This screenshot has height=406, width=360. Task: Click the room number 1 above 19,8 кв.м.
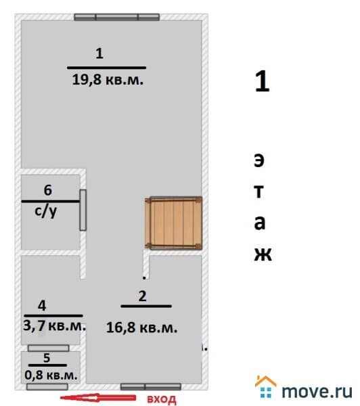(x=99, y=53)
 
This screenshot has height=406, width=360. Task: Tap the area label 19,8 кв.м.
(x=108, y=79)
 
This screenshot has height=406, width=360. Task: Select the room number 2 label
(x=143, y=296)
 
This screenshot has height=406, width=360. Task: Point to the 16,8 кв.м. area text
(x=141, y=328)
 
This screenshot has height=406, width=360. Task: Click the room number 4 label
(x=42, y=306)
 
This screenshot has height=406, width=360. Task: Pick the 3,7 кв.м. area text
(x=54, y=325)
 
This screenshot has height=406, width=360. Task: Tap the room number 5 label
(x=47, y=358)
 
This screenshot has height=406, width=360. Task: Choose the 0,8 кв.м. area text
(x=51, y=375)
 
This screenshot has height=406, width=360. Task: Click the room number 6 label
(x=48, y=190)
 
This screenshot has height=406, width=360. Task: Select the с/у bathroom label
(x=45, y=211)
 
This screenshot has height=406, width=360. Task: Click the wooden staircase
(x=173, y=223)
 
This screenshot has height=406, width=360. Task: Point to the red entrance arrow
(x=98, y=397)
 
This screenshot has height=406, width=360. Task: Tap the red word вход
(x=162, y=399)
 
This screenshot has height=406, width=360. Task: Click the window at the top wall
(x=117, y=17)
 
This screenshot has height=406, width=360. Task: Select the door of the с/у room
(x=83, y=210)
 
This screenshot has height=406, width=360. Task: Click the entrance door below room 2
(x=151, y=387)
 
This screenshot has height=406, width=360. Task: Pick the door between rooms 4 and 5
(x=49, y=348)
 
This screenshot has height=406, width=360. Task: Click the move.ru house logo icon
(x=266, y=386)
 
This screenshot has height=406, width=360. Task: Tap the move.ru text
(x=317, y=391)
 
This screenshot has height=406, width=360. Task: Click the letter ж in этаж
(x=263, y=254)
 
